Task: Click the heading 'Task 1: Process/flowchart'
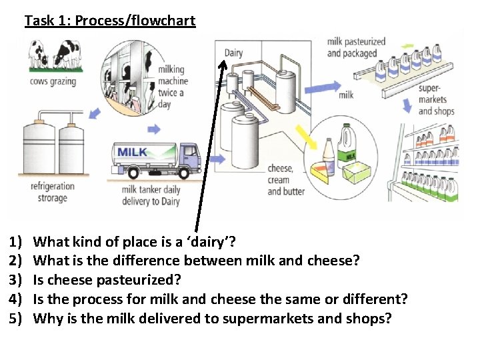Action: pos(110,21)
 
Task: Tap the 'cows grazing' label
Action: pos(53,82)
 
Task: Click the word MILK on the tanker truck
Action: pos(132,153)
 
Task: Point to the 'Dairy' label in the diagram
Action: pos(233,53)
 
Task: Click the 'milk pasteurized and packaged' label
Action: pos(356,47)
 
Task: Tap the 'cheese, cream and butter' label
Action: pos(286,180)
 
